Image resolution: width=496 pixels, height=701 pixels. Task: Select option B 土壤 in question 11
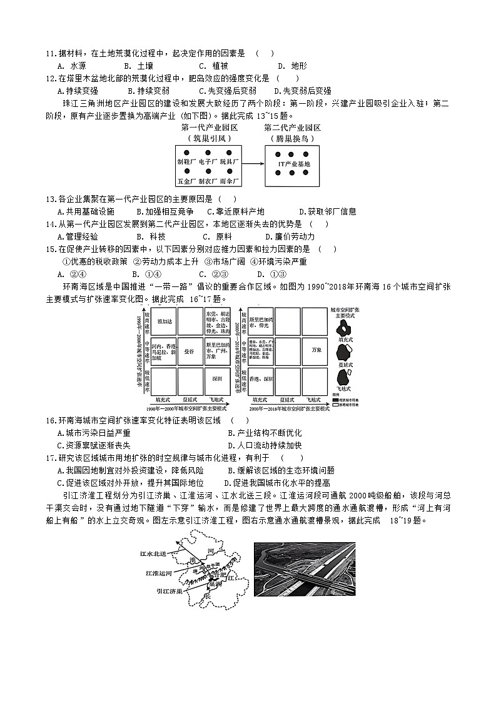138,66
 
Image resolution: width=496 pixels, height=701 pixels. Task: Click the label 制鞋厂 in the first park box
186,161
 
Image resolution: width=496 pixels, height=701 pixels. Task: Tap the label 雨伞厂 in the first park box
230,181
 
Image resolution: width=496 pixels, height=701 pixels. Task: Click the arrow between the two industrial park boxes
253,164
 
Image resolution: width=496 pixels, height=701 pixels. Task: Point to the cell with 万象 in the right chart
316,351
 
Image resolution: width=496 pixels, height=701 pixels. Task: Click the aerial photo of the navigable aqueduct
305,569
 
